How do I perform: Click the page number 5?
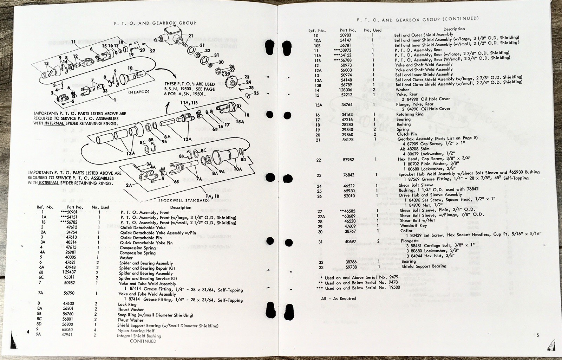(537, 335)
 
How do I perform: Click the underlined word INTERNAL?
(54, 123)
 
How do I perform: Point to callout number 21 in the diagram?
(190, 36)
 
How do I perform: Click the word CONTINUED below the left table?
(143, 341)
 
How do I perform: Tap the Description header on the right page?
(454, 29)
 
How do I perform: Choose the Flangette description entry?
(410, 241)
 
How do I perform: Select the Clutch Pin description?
(407, 134)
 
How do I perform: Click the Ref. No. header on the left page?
(45, 207)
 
